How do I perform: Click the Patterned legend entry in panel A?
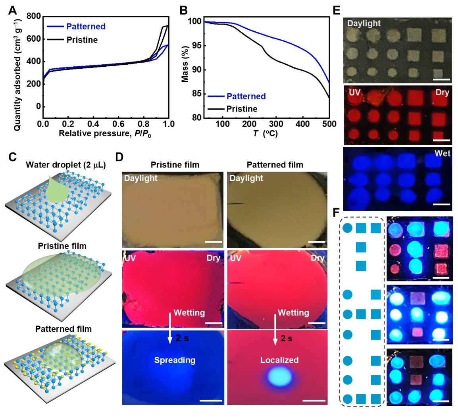point(86,27)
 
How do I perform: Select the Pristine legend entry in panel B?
point(242,109)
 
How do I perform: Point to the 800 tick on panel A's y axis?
point(34,16)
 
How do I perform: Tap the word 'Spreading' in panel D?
point(175,360)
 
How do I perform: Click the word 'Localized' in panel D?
point(279,360)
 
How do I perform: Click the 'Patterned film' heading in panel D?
point(275,165)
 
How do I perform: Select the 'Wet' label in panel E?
point(443,153)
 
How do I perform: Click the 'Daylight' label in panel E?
point(364,23)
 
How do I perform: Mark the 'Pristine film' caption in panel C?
point(62,246)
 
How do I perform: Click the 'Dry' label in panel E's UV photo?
point(442,92)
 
